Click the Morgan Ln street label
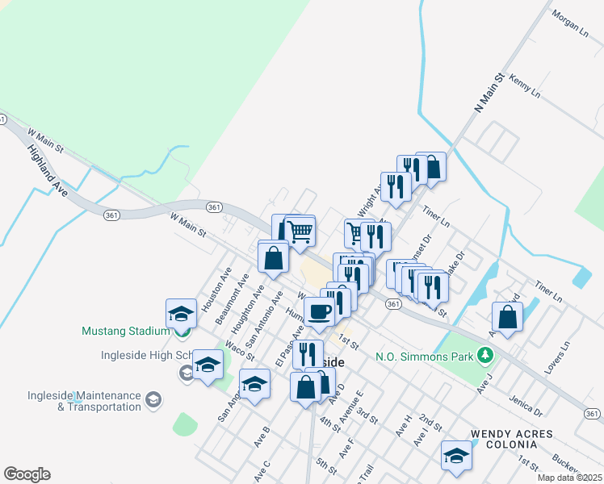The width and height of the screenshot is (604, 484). [x=571, y=24]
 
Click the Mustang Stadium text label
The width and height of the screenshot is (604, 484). [x=125, y=331]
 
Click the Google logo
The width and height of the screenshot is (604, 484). [x=27, y=474]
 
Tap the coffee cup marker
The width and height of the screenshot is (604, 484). [x=319, y=311]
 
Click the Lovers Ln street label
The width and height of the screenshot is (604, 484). [x=558, y=355]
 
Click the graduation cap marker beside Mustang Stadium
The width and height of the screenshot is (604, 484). [x=181, y=315]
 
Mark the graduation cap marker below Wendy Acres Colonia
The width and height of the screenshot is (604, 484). [x=456, y=456]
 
